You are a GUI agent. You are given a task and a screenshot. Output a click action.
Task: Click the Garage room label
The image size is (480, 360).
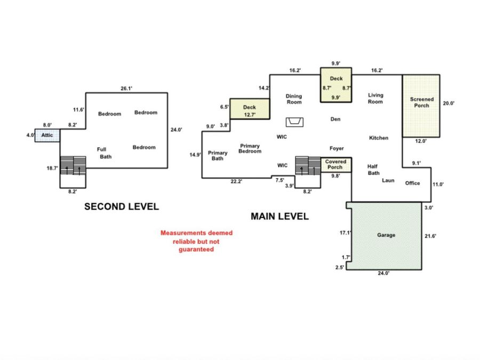pyautogui.click(x=386, y=235)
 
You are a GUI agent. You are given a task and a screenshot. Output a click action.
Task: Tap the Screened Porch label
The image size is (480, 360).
pyautogui.click(x=421, y=102)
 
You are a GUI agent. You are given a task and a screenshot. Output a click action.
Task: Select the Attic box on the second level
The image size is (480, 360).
pyautogui.click(x=47, y=135)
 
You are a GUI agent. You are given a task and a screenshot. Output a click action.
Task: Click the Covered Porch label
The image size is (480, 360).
pyautogui.click(x=335, y=164)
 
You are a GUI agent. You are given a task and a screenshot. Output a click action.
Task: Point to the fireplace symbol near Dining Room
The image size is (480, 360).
pyautogui.click(x=294, y=122)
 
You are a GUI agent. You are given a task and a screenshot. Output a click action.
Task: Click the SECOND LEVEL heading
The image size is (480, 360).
pyautogui.click(x=122, y=206)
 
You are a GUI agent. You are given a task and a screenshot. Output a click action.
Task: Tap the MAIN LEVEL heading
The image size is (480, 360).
pyautogui.click(x=279, y=217)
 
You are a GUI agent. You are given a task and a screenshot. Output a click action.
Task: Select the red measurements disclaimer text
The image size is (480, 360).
pyautogui.click(x=196, y=241)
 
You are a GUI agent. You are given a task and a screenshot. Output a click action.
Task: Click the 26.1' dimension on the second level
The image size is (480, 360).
pyautogui.click(x=126, y=89)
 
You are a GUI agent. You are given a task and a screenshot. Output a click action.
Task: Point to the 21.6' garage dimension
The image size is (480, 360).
pyautogui.click(x=430, y=236)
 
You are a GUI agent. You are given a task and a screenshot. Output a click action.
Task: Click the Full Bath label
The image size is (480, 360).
pyautogui.click(x=104, y=153)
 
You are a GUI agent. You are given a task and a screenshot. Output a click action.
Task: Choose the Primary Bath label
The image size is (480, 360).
pyautogui.click(x=218, y=156)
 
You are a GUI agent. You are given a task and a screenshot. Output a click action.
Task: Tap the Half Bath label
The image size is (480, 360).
pyautogui.click(x=373, y=170)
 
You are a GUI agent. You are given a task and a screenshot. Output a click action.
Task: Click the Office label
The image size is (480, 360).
pyautogui.click(x=412, y=183)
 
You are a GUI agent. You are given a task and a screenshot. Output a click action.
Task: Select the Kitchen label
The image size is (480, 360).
pyautogui.click(x=378, y=138)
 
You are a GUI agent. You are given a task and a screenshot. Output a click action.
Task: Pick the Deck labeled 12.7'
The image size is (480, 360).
pyautogui.click(x=250, y=109)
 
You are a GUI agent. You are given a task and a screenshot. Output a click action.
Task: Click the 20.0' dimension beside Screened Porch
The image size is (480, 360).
pyautogui.click(x=449, y=103)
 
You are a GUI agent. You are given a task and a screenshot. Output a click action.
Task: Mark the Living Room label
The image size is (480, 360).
pyautogui.click(x=375, y=98)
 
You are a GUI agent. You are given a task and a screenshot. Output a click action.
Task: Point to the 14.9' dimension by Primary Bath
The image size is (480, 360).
pyautogui.click(x=195, y=155)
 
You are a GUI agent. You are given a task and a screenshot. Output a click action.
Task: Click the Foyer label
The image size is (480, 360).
pyautogui.click(x=337, y=148)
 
